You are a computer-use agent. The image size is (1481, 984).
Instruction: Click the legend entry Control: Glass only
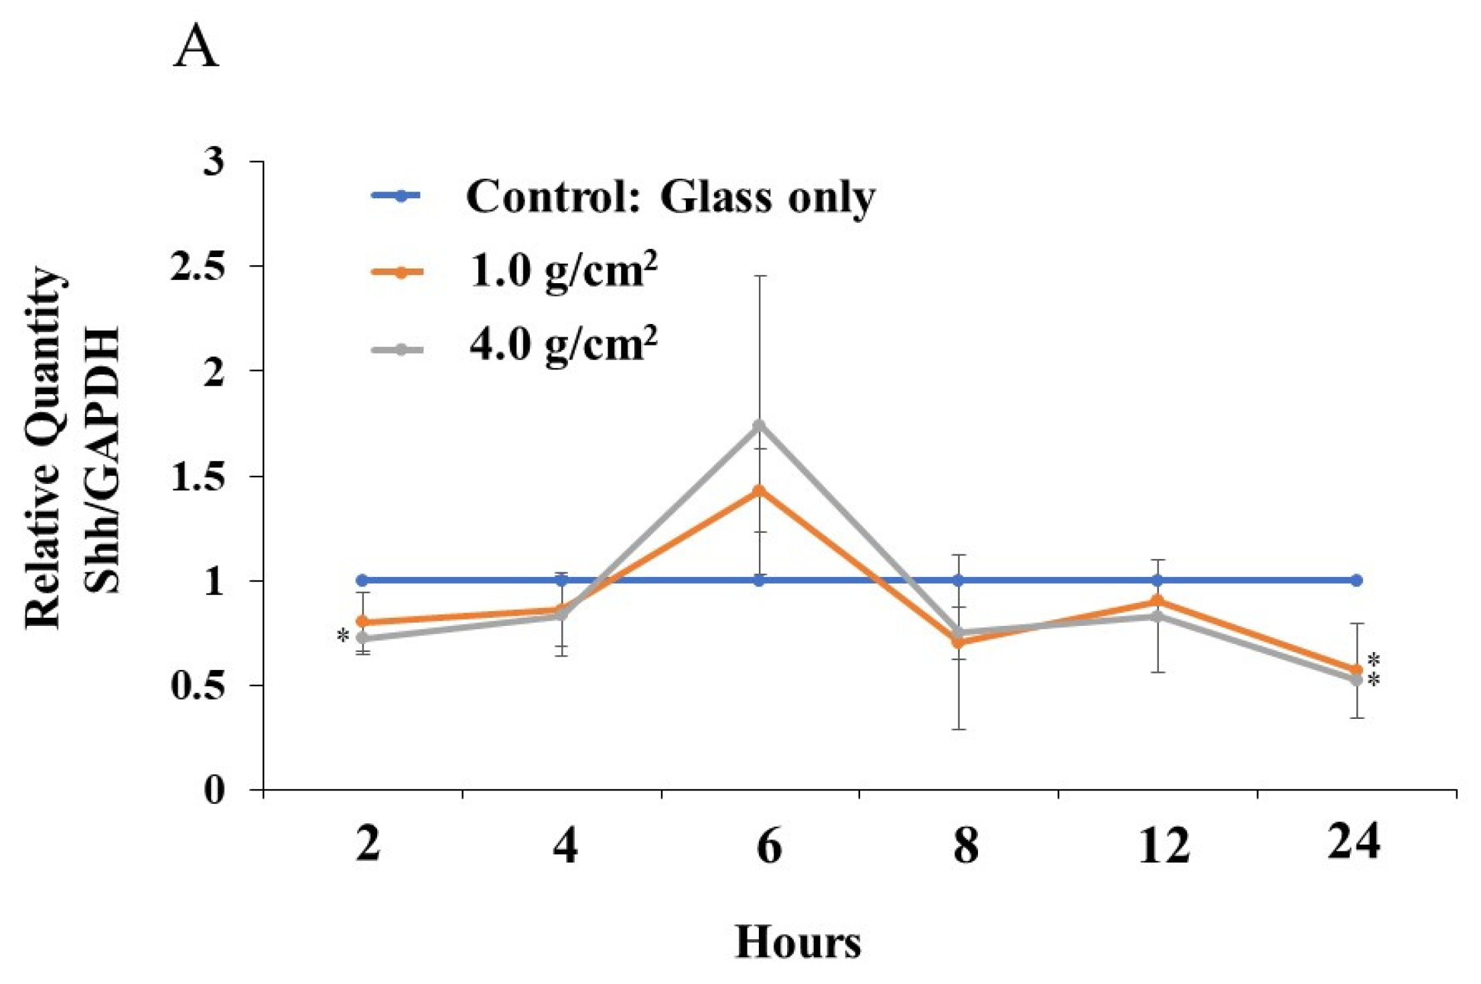[x=670, y=197]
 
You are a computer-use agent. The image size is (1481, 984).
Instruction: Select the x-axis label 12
[x=1163, y=845]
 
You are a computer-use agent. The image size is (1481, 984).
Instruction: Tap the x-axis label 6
[x=768, y=845]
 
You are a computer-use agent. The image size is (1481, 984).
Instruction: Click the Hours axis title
[x=798, y=942]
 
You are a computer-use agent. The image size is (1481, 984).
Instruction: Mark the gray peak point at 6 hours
[x=759, y=425]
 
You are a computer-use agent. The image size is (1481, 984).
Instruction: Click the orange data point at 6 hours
[x=759, y=491]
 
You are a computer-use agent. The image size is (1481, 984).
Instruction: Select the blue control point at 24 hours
[x=1356, y=580]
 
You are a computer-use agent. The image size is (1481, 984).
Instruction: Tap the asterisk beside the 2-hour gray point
[x=343, y=636]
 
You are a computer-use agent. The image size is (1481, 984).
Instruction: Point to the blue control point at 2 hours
[x=362, y=580]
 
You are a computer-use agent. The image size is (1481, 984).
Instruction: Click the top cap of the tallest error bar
[x=759, y=276]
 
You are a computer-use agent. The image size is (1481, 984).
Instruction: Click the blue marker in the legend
[x=400, y=196]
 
